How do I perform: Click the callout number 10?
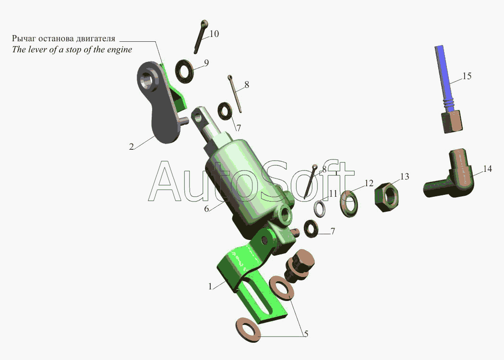click(x=214, y=34)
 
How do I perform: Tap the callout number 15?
click(x=467, y=76)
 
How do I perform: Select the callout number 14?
click(x=487, y=169)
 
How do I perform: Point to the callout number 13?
click(x=405, y=177)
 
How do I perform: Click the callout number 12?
click(x=369, y=183)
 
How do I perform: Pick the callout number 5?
click(x=306, y=334)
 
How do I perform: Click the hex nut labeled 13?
click(x=387, y=197)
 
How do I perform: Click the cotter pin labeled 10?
click(x=200, y=37)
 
